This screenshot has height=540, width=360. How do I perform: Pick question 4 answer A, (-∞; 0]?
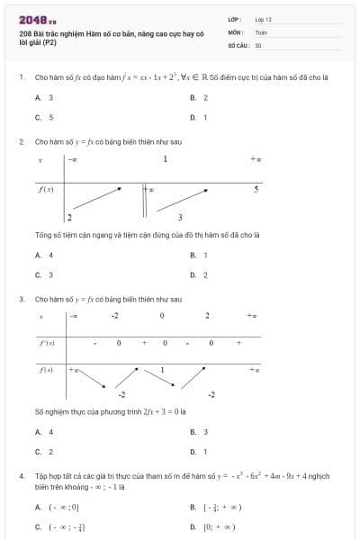[x=57, y=507]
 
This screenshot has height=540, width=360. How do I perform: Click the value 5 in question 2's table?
[x=256, y=190]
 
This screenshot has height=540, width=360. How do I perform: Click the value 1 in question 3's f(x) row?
[x=162, y=370]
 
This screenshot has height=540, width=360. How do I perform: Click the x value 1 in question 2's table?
[x=166, y=160]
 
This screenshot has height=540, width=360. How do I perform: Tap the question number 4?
[x=21, y=474]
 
